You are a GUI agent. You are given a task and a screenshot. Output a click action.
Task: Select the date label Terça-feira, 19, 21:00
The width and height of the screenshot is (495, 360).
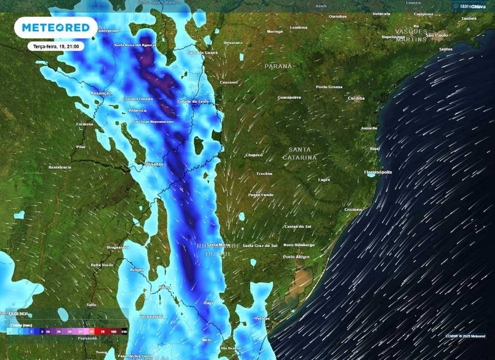click(x=56, y=46)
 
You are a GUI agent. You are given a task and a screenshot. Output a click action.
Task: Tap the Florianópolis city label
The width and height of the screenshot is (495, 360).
click(x=378, y=172)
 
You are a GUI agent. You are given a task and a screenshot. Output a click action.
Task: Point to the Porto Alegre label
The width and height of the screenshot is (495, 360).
click(x=296, y=257)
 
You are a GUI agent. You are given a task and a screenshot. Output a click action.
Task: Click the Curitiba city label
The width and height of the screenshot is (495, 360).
click(x=356, y=98)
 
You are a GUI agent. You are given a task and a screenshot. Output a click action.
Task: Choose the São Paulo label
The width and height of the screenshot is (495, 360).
click(x=437, y=35)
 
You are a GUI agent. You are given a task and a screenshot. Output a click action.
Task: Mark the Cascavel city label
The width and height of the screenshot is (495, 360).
click(x=229, y=83)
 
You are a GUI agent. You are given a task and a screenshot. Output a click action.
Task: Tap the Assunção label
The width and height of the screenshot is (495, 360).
click(x=101, y=93)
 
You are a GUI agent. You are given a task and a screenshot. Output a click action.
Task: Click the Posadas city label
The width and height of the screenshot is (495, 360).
click(x=154, y=164)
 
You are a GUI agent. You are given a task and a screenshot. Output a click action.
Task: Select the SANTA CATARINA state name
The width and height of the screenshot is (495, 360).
click(x=300, y=154)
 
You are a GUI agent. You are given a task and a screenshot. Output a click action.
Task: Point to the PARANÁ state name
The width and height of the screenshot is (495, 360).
click(x=278, y=66)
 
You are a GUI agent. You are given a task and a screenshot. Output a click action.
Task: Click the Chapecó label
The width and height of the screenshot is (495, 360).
click(x=254, y=155)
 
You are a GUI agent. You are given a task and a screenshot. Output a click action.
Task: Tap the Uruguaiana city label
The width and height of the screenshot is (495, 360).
click(x=118, y=247)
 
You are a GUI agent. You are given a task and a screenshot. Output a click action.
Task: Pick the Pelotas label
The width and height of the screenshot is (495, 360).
click(x=262, y=318)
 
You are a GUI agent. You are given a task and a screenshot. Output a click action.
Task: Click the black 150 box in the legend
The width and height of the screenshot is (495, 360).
click(x=124, y=332)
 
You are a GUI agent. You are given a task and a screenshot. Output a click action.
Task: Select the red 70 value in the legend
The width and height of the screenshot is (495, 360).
click(x=102, y=332)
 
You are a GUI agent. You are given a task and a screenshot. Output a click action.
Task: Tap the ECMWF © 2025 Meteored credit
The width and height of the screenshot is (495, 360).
click(x=466, y=336)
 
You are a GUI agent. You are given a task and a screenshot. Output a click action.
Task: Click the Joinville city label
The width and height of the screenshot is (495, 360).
click(x=369, y=128)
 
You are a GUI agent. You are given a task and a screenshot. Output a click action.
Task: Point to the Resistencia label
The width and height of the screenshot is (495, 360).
click(x=60, y=167)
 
